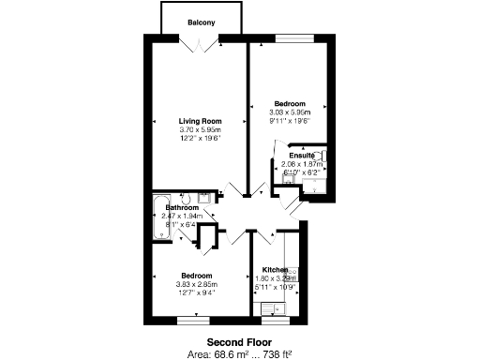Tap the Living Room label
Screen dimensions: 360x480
click(200, 121)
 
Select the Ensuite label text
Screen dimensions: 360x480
click(301, 155)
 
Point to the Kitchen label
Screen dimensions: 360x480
click(275, 269)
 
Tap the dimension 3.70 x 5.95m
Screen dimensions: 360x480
click(200, 130)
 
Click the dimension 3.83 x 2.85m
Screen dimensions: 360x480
click(196, 284)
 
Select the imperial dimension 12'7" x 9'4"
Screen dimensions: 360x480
click(196, 292)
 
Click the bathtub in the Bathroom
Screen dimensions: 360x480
click(160, 217)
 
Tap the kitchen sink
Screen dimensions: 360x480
click(273, 307)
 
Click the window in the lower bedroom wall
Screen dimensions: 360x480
click(191, 321)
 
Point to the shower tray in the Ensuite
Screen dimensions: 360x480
click(315, 184)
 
